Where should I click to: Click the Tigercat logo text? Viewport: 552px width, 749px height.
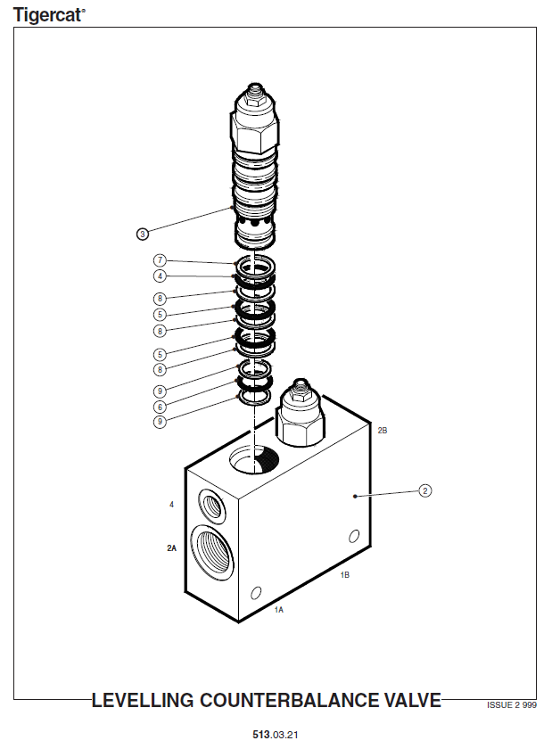tap(49, 15)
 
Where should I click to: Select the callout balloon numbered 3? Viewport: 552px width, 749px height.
tap(142, 234)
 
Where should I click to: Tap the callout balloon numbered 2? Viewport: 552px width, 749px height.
tap(424, 490)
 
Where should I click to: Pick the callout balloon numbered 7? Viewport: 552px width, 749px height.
tap(160, 260)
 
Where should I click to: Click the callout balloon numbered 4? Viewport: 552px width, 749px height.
tap(160, 276)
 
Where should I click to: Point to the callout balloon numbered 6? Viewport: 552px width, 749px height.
tap(160, 407)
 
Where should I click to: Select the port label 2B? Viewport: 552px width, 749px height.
tap(383, 431)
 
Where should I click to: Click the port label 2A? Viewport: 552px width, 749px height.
tap(171, 547)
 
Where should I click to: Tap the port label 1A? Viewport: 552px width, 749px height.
tap(278, 610)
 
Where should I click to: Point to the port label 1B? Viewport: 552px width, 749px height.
tap(344, 575)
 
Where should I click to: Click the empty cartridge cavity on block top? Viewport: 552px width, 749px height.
tap(254, 458)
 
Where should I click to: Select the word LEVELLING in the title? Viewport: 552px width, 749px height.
tap(143, 700)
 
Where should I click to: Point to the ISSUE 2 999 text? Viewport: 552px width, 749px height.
tap(512, 705)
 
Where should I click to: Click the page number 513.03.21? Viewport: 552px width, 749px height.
tap(276, 735)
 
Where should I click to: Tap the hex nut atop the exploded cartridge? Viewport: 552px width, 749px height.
tap(255, 100)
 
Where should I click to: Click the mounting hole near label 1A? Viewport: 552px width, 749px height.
tap(256, 592)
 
